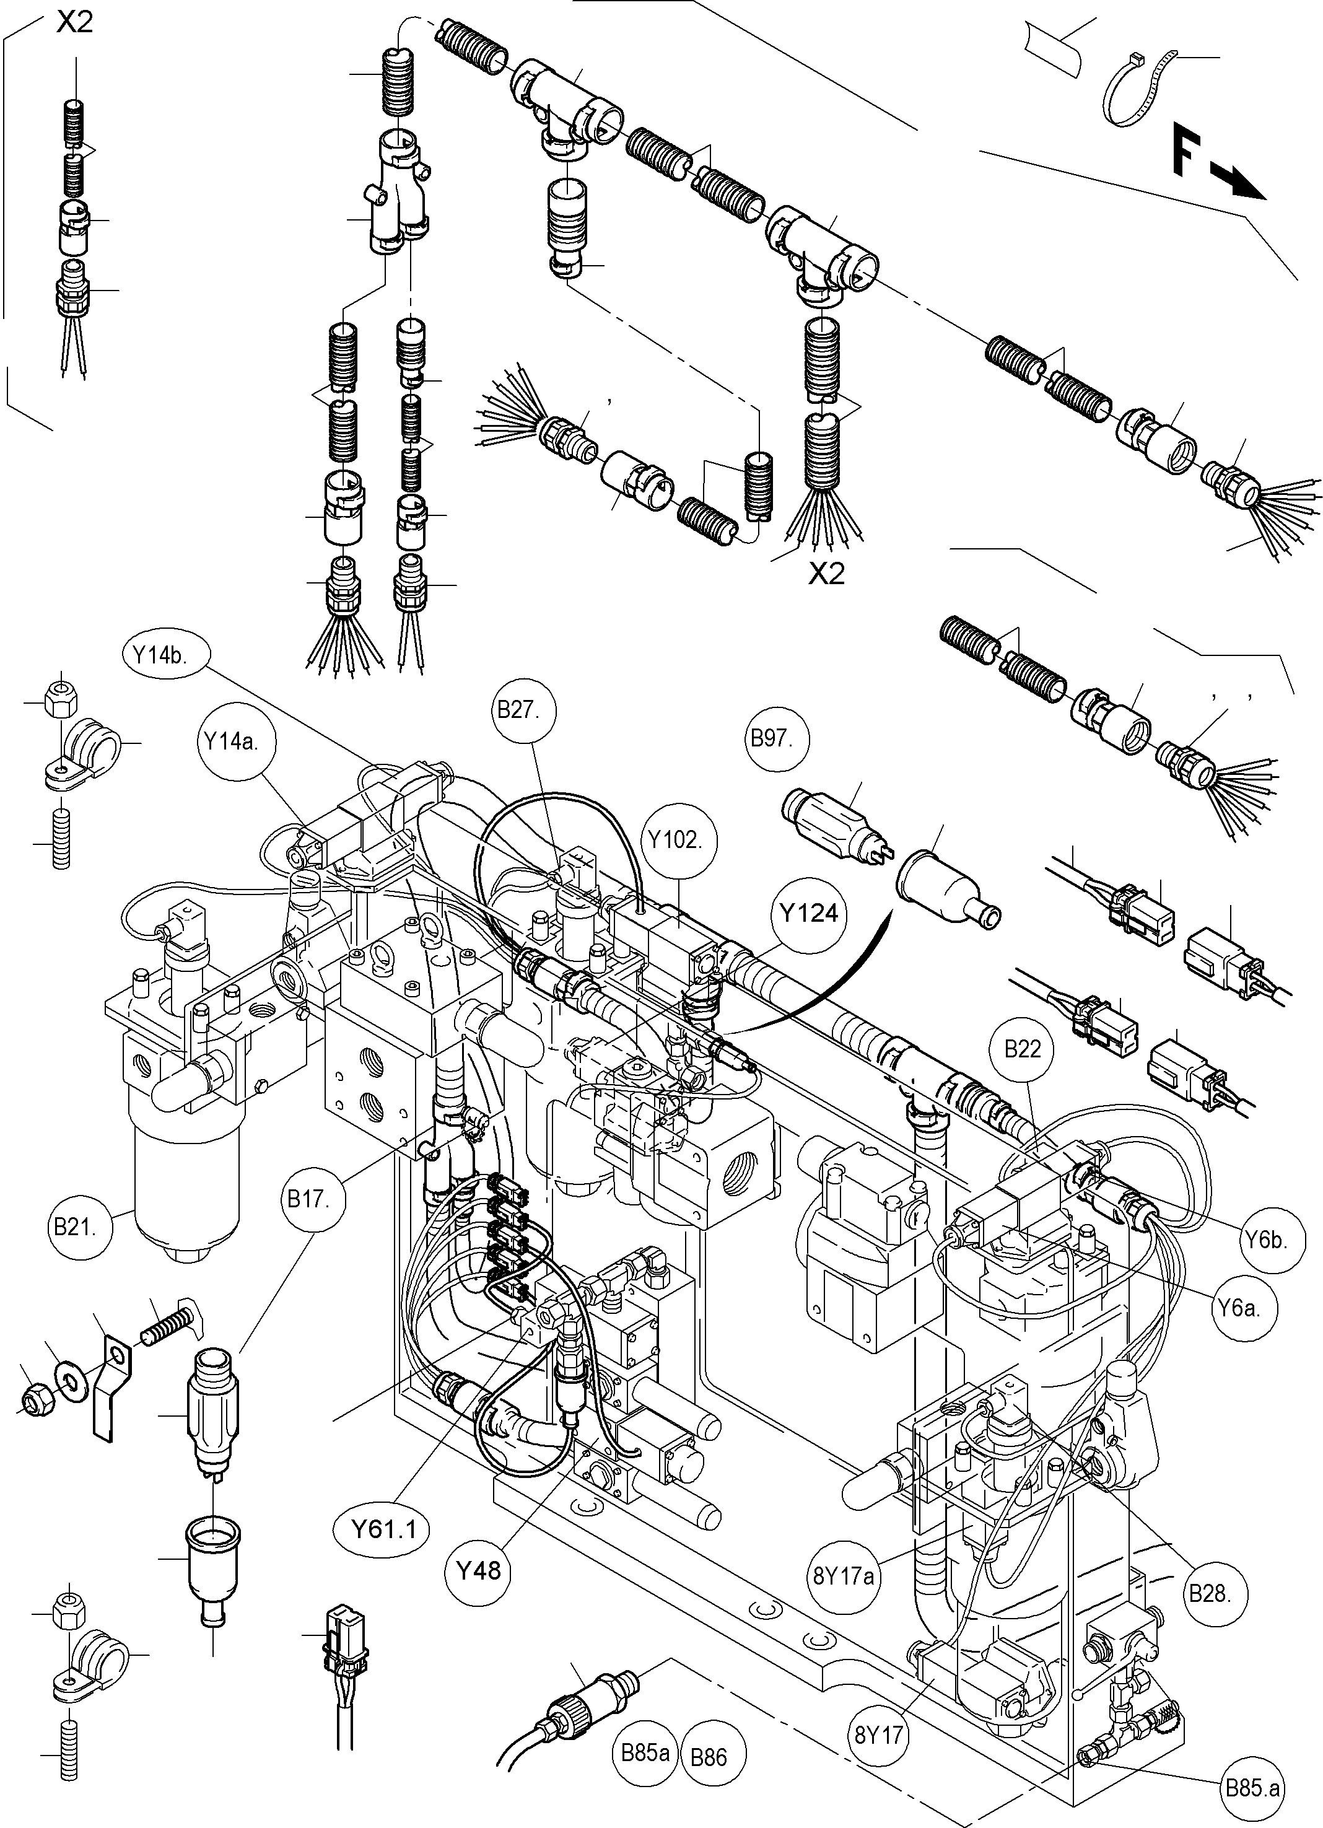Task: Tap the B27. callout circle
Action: tap(517, 710)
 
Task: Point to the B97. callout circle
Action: tap(771, 738)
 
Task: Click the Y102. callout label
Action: tap(675, 840)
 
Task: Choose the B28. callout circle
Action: tap(1210, 1593)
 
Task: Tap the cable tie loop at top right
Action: tap(1135, 88)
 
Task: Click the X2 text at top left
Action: tap(74, 22)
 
